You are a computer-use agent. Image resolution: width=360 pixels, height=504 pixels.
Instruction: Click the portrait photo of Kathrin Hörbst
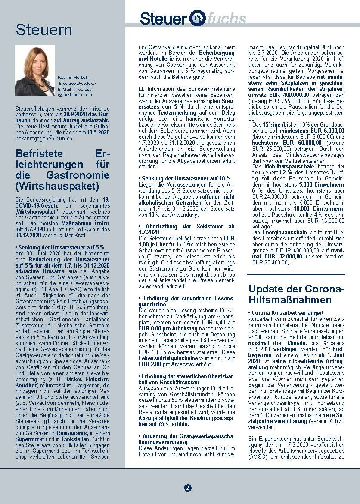pos(35,70)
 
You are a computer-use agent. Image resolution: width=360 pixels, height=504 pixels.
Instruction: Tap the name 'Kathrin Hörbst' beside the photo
pos(72,77)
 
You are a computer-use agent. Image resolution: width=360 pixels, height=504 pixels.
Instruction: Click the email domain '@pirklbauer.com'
pos(75,94)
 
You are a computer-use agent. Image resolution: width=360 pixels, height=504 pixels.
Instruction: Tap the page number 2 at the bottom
pos(187,488)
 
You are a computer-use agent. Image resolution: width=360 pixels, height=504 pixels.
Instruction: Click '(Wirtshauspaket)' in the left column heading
pos(57,187)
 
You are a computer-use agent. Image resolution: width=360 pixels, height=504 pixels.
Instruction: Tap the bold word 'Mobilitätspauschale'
pos(284,166)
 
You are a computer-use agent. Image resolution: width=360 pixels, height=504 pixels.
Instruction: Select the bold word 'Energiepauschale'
pos(281,232)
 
